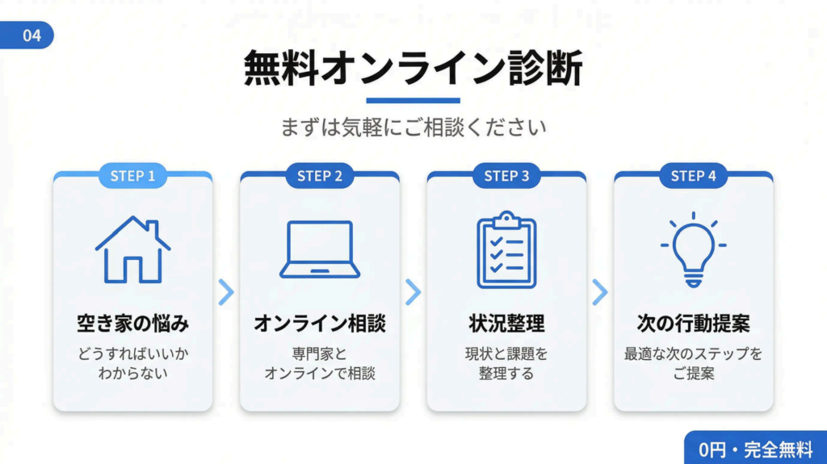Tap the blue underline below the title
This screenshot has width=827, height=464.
(413, 101)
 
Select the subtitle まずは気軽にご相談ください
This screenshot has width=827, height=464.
(413, 127)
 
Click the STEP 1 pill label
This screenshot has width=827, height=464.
(132, 176)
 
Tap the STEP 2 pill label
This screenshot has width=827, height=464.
(319, 176)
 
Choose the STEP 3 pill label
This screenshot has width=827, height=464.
(506, 176)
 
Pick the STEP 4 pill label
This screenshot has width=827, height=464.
(693, 176)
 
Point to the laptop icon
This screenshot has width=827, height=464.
(320, 250)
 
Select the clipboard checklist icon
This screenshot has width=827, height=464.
(506, 249)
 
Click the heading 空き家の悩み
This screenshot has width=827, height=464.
(132, 324)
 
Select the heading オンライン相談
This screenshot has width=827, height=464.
(320, 324)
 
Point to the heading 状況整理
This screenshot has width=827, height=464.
(506, 324)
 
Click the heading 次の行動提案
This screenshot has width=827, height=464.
(693, 324)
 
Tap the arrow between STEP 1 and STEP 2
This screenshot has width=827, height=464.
(226, 292)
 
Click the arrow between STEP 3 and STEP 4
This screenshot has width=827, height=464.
(599, 292)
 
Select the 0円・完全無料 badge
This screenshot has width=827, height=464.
(756, 449)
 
